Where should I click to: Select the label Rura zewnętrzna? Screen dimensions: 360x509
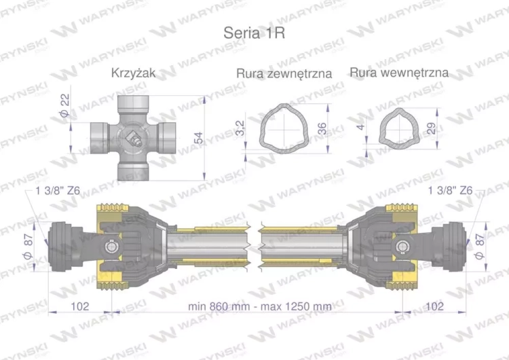[x=284, y=73]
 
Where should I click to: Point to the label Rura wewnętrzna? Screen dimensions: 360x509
[x=399, y=72]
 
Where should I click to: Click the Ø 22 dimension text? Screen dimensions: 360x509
[x=65, y=106]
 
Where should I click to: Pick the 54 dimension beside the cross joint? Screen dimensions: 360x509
[x=198, y=138]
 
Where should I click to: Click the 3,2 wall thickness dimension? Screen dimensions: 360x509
[x=240, y=127]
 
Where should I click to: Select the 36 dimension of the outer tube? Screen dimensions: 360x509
[x=322, y=127]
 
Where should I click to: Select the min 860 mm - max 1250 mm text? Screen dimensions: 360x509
[x=260, y=306]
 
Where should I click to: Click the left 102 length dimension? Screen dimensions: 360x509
[x=80, y=306]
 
